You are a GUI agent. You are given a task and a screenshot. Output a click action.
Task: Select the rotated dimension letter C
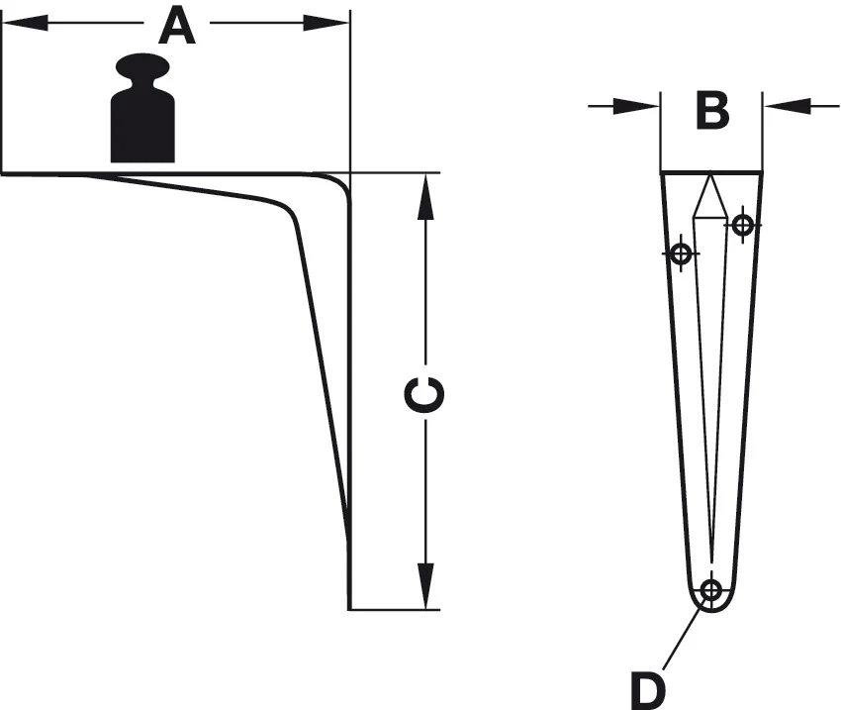pyautogui.click(x=425, y=393)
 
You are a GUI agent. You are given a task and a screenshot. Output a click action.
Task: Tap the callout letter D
pyautogui.click(x=648, y=685)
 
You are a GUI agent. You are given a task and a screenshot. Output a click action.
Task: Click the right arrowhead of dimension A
pyautogui.click(x=327, y=22)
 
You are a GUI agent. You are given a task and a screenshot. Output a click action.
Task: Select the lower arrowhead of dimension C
pyautogui.click(x=426, y=584)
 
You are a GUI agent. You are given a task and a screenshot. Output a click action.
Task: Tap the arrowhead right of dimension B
pyautogui.click(x=787, y=105)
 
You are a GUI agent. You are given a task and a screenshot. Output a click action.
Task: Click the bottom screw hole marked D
pyautogui.click(x=710, y=591)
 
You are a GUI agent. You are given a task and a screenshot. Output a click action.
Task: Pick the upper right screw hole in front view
pyautogui.click(x=742, y=226)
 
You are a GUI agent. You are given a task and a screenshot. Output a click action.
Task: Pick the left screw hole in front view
pyautogui.click(x=680, y=254)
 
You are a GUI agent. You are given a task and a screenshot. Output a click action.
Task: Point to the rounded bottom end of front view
pyautogui.click(x=710, y=606)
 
